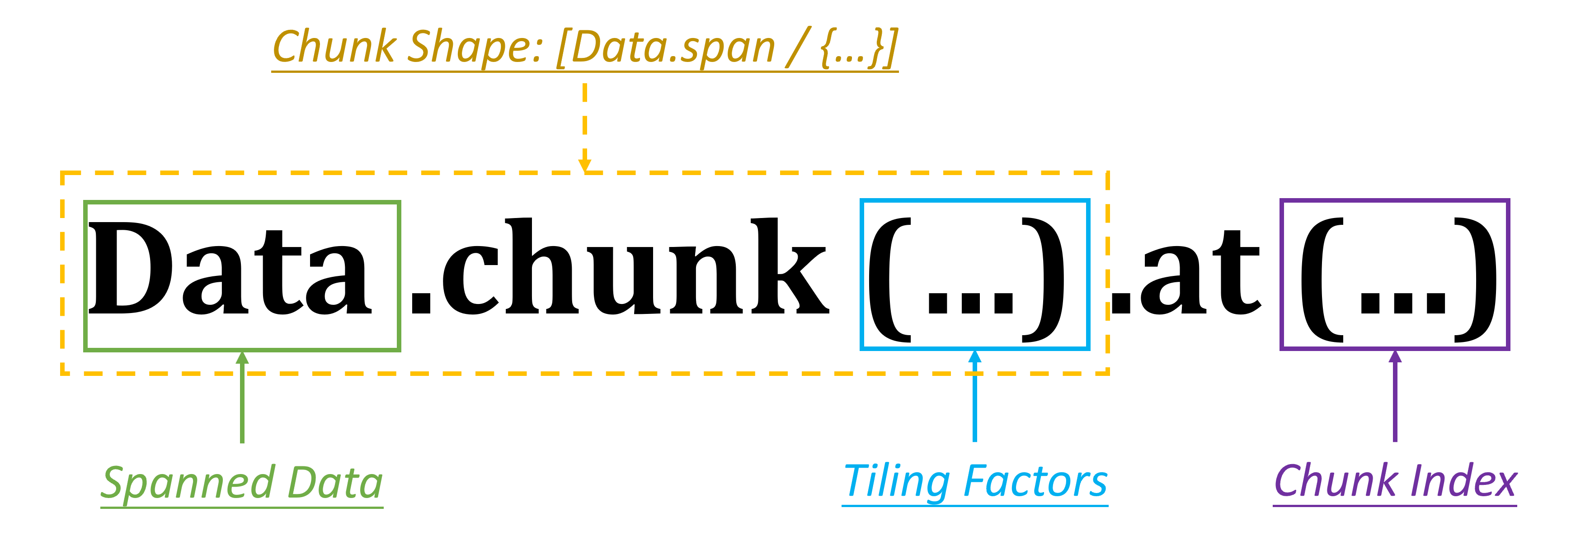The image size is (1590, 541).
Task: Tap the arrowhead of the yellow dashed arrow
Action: [x=584, y=166]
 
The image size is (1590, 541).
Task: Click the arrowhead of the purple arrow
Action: [x=1395, y=356]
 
